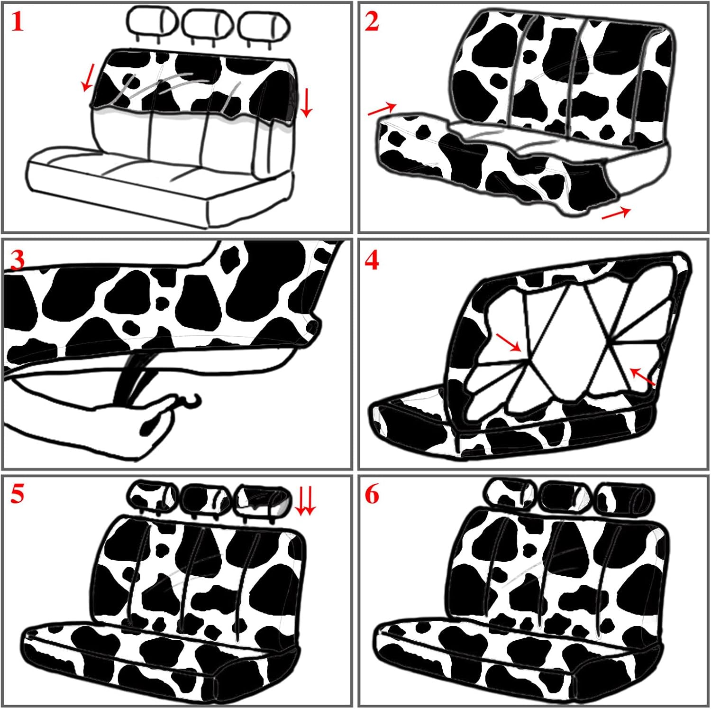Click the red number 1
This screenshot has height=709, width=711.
click(x=18, y=22)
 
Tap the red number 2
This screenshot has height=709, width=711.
click(x=372, y=22)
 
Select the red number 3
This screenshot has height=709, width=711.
click(x=17, y=260)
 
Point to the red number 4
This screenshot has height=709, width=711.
click(x=372, y=260)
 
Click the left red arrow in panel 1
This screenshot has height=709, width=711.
click(x=88, y=77)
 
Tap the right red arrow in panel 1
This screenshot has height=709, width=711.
click(x=306, y=102)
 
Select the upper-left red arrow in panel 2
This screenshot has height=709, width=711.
click(x=382, y=109)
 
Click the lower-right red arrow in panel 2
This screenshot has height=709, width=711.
click(x=616, y=213)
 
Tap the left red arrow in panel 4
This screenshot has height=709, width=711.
click(x=509, y=342)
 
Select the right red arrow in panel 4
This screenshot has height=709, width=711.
click(x=643, y=377)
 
